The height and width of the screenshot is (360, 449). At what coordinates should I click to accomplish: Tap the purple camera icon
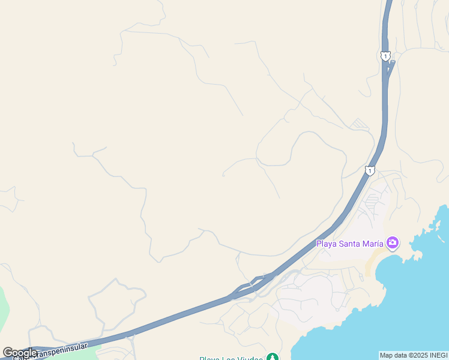(393, 242)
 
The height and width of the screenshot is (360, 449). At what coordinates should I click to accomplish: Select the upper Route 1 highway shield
(385, 56)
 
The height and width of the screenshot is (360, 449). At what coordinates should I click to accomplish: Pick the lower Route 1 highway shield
(370, 171)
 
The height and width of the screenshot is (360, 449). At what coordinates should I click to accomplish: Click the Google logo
(19, 353)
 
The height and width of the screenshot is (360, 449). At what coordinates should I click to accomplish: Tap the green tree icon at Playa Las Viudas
(273, 358)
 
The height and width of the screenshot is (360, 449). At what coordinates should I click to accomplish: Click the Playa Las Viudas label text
(231, 358)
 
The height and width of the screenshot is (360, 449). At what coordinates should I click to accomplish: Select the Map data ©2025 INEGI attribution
(414, 355)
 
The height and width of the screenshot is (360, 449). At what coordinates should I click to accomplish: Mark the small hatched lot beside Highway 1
(360, 124)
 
